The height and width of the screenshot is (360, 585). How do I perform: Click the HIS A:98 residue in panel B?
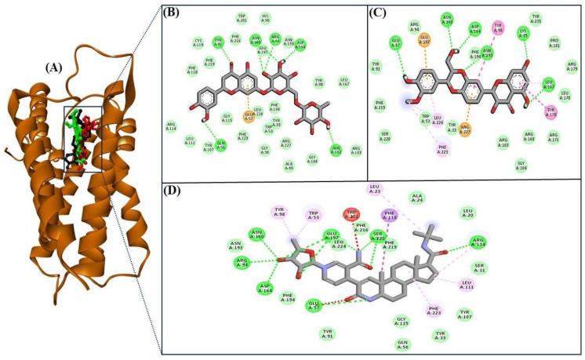265,18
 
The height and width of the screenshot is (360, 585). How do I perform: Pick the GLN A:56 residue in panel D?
404,344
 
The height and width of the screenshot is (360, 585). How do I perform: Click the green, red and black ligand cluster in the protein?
82,138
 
